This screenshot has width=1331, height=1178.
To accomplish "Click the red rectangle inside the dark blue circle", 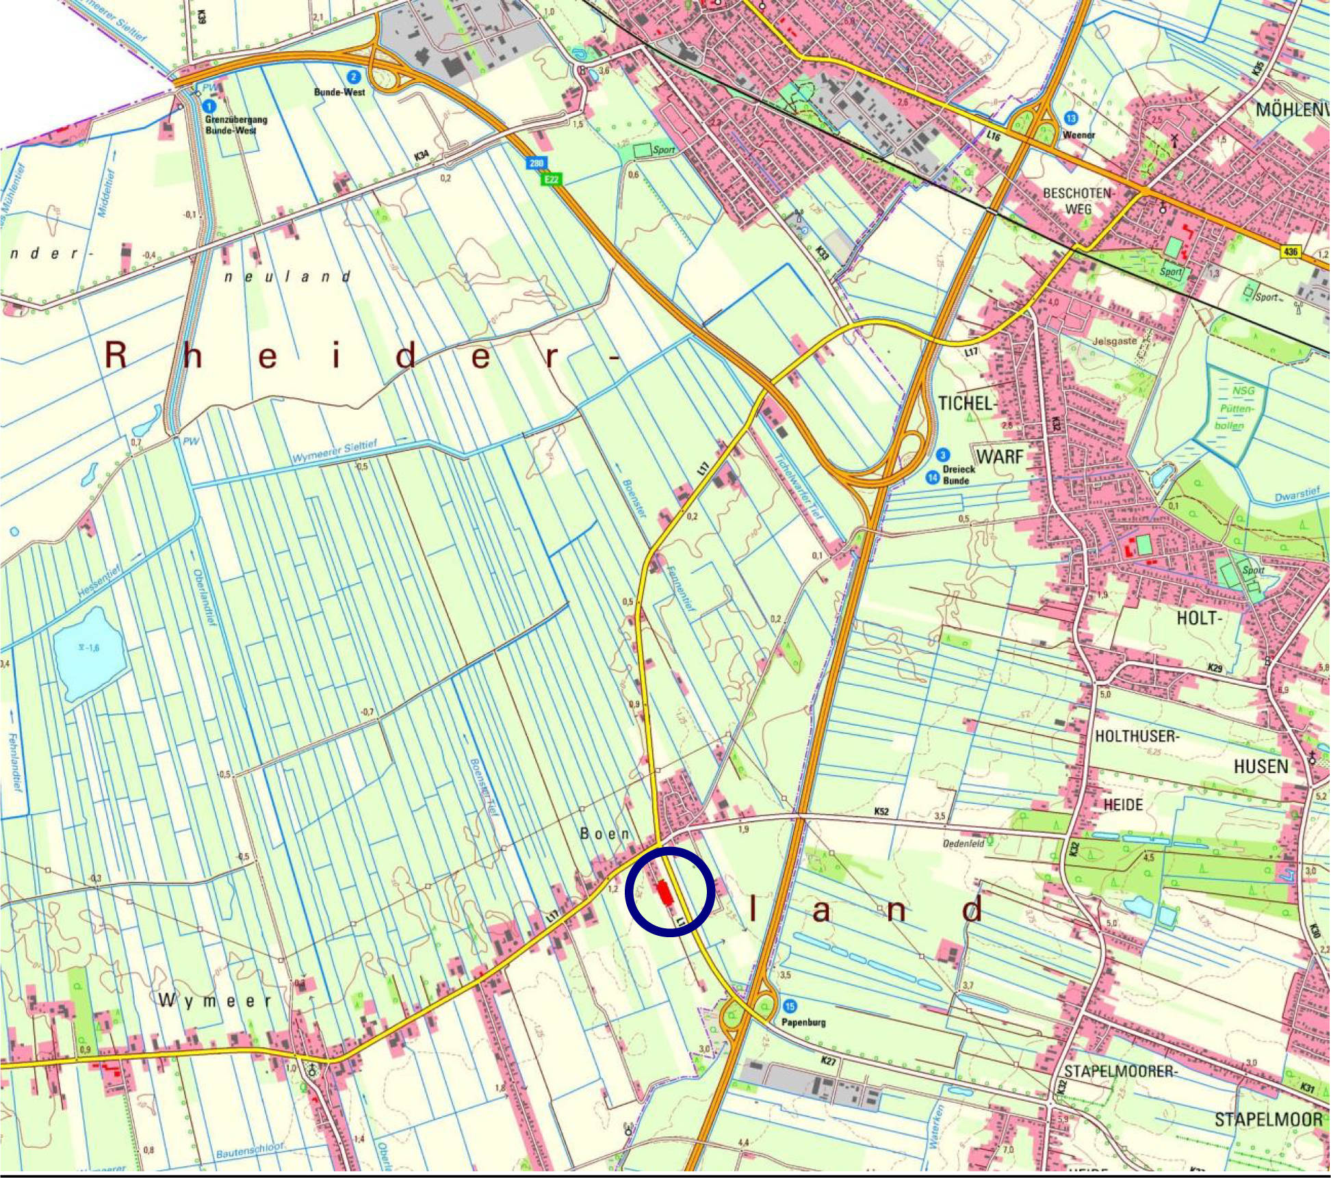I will pos(663,893).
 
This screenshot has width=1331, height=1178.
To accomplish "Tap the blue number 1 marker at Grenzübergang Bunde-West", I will pos(209,107).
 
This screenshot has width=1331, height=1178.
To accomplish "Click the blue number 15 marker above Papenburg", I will pos(791,1006).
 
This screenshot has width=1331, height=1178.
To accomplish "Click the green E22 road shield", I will pos(552,179).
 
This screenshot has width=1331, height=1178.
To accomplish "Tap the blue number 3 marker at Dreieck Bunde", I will pos(943,455).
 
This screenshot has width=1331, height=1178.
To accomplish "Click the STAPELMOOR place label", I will pos(1268,1119).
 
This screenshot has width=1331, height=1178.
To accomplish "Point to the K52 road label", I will pos(882,811).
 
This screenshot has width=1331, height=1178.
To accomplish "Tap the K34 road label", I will pos(422,156).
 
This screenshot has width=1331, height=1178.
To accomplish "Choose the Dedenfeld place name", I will pos(964,843).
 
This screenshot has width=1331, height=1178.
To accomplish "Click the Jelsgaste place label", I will pos(1115,341).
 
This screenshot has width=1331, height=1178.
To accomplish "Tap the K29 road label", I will pos(1215,667).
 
